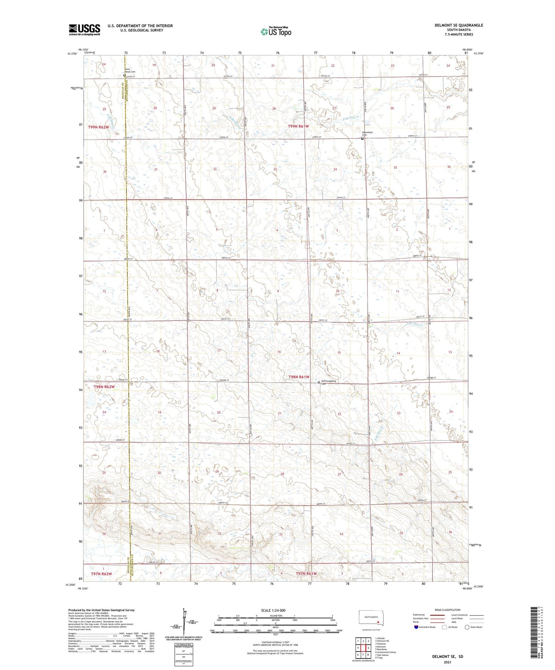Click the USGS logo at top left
pyautogui.click(x=84, y=29)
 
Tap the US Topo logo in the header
pyautogui.click(x=275, y=31)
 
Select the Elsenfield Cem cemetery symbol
pyautogui.click(x=362, y=139)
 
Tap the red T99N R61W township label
pyautogui.click(x=298, y=126)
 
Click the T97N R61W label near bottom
pyautogui.click(x=306, y=574)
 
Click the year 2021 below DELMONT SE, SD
pyautogui.click(x=447, y=662)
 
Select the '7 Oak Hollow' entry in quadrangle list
pyautogui.click(x=383, y=655)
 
